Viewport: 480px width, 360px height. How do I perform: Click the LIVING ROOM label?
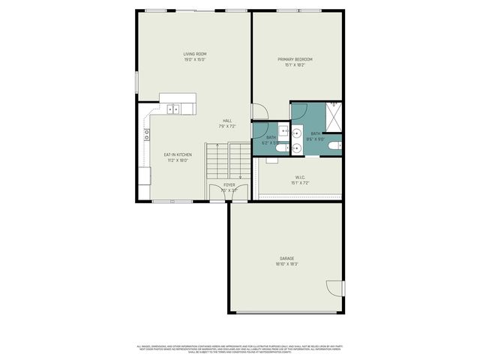pyautogui.click(x=195, y=54)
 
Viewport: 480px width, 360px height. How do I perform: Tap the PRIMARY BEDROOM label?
pyautogui.click(x=295, y=59)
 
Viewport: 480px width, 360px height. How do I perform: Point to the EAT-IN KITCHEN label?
pyautogui.click(x=178, y=154)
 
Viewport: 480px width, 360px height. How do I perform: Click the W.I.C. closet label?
pyautogui.click(x=299, y=178)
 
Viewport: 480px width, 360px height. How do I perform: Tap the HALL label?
pyautogui.click(x=226, y=121)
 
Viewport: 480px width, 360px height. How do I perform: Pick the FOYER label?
pyautogui.click(x=229, y=184)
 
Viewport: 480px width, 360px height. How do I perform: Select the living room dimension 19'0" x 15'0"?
pyautogui.click(x=195, y=60)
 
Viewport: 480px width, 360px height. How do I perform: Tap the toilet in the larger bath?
pyautogui.click(x=338, y=144)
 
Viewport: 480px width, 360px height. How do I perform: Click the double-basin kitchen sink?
pyautogui.click(x=174, y=109)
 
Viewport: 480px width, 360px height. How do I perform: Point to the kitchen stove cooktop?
pyautogui.click(x=147, y=135)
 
